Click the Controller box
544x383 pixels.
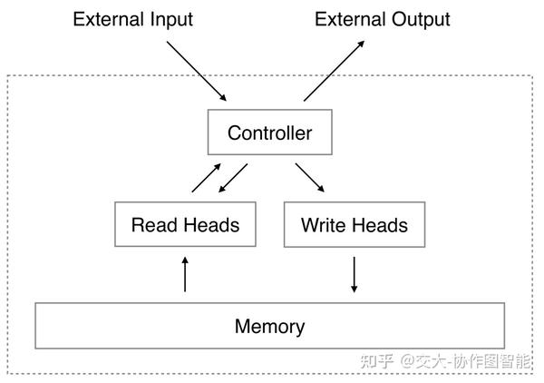click(x=269, y=133)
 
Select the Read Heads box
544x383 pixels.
click(x=185, y=224)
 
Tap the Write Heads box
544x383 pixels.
click(x=354, y=224)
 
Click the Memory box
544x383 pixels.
click(x=269, y=326)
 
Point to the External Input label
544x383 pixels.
click(x=133, y=19)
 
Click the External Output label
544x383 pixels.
click(x=382, y=19)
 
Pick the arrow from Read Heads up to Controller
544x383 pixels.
click(x=206, y=178)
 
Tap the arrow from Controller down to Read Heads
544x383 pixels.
click(x=233, y=178)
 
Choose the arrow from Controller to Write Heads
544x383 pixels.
click(x=309, y=178)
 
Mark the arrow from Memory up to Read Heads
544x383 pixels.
click(x=185, y=273)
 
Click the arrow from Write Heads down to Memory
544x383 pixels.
click(x=355, y=273)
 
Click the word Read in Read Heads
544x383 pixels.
click(x=151, y=224)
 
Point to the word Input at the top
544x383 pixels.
click(x=170, y=19)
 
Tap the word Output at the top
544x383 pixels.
click(x=421, y=19)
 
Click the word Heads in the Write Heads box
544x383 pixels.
click(x=379, y=224)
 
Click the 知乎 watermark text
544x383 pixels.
click(x=376, y=360)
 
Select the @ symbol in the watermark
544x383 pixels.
click(x=407, y=360)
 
